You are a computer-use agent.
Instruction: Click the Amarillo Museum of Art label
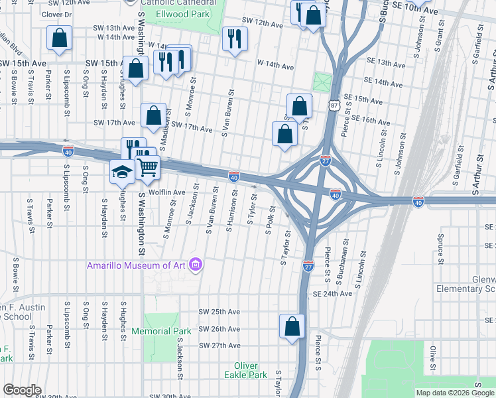click(x=136, y=266)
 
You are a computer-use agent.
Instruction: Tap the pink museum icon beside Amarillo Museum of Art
click(x=196, y=265)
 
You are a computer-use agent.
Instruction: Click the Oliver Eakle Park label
click(x=250, y=370)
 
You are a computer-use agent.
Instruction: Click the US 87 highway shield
click(x=333, y=105)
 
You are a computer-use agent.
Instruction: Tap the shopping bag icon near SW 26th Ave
click(x=292, y=326)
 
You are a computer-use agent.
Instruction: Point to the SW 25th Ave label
click(x=219, y=312)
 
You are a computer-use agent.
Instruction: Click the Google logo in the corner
click(x=22, y=390)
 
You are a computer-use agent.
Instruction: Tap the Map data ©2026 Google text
click(x=454, y=393)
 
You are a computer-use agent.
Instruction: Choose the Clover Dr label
click(x=56, y=14)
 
